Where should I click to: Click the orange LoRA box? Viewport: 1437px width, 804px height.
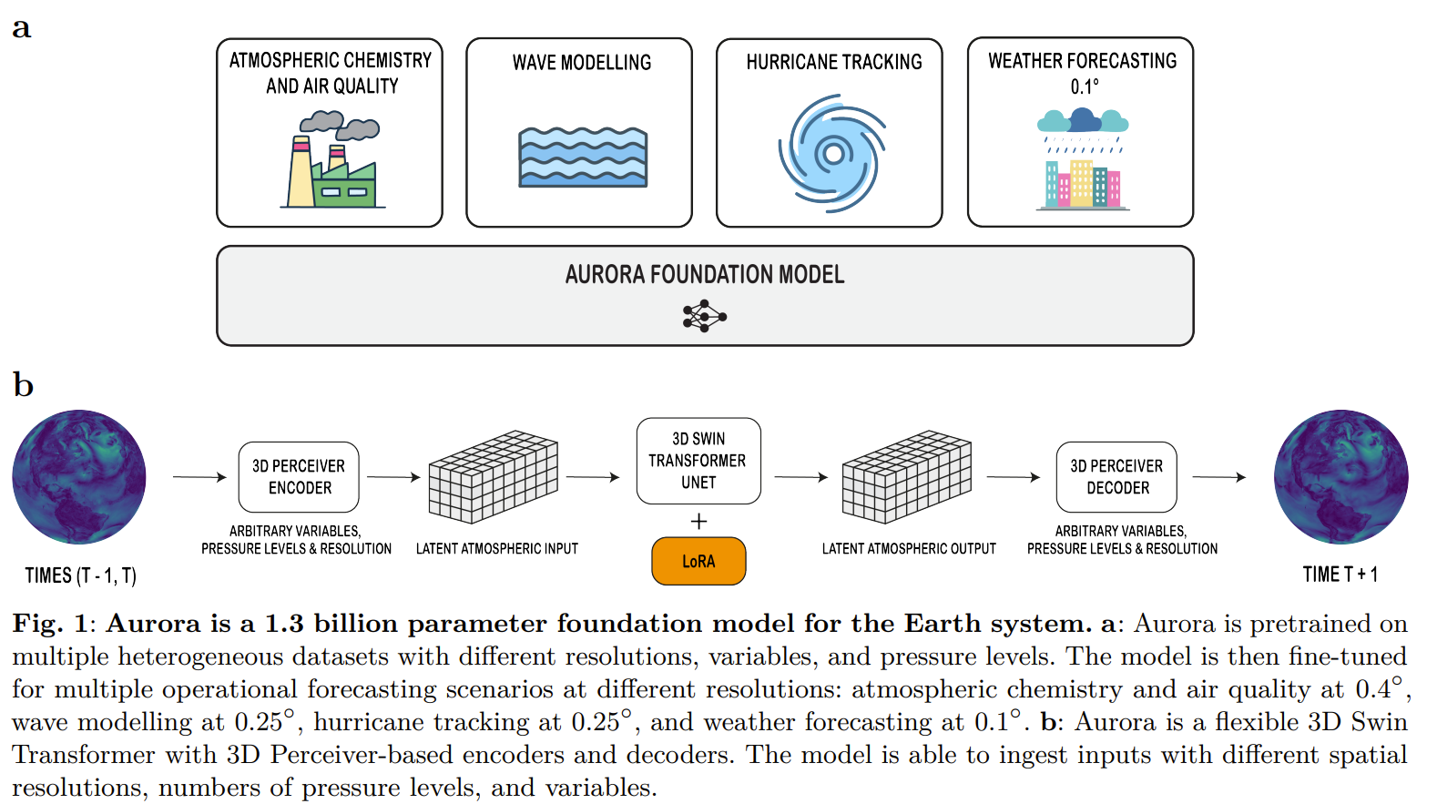click(x=698, y=561)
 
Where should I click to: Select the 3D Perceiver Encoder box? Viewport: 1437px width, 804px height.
click(x=299, y=477)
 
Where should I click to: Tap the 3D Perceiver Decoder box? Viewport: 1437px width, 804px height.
click(x=1116, y=477)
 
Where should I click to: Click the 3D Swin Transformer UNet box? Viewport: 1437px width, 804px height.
click(x=698, y=461)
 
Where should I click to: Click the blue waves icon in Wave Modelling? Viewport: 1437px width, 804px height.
click(x=583, y=158)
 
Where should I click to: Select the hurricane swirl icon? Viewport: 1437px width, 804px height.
click(x=832, y=153)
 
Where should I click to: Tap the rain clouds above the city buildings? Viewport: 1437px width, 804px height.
click(x=1083, y=121)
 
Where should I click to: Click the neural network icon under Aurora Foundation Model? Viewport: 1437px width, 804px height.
click(x=704, y=317)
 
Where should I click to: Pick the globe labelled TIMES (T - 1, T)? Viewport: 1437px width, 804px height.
click(x=79, y=477)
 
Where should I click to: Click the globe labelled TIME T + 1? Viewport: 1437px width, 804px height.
click(x=1340, y=477)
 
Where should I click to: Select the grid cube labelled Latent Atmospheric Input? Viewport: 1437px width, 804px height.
click(x=493, y=477)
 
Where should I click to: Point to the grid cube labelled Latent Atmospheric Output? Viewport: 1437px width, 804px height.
click(x=906, y=477)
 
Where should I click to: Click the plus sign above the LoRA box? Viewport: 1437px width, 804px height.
click(x=698, y=522)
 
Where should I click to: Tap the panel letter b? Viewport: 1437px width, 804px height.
click(x=23, y=385)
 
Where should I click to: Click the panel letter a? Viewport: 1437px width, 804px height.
click(x=21, y=28)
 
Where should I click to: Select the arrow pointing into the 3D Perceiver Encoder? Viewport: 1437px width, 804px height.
click(x=199, y=477)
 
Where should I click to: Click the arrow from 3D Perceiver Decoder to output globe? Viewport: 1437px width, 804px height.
click(x=1218, y=477)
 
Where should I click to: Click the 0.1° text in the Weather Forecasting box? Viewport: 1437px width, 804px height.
click(x=1084, y=87)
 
